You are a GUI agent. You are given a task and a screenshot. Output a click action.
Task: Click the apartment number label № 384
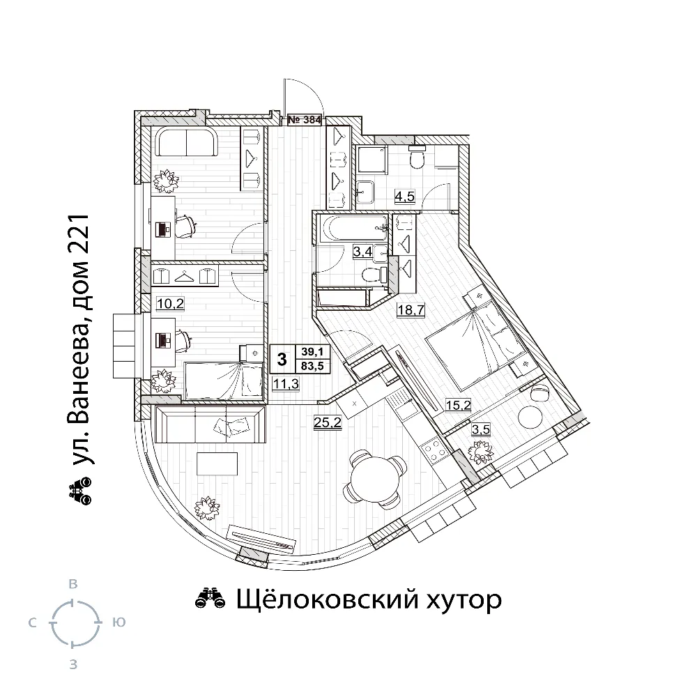[305, 120]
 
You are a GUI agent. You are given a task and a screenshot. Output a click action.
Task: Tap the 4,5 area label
[404, 196]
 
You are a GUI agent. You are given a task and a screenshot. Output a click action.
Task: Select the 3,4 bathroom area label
[362, 252]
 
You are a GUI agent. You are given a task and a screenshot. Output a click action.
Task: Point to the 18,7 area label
[411, 310]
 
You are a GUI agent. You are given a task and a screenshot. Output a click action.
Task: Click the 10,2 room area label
[170, 304]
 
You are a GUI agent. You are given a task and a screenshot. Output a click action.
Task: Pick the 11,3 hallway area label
[286, 383]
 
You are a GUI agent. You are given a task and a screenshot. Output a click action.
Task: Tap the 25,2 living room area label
[328, 422]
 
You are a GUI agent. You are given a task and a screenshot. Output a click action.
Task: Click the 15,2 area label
[459, 405]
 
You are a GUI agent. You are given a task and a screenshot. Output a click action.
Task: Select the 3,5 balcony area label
[481, 429]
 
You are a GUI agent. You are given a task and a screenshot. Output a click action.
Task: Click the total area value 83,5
[312, 367]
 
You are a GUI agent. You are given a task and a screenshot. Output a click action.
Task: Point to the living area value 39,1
[312, 352]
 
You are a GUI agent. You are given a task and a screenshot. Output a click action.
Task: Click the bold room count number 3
[282, 359]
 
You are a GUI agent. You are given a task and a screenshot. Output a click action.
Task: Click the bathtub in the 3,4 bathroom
[353, 229]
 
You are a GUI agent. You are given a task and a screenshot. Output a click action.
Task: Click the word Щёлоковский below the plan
[327, 599]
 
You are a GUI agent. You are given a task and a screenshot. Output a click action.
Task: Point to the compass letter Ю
[118, 622]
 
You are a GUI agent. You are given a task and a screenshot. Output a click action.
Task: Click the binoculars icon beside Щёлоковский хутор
[210, 598]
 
